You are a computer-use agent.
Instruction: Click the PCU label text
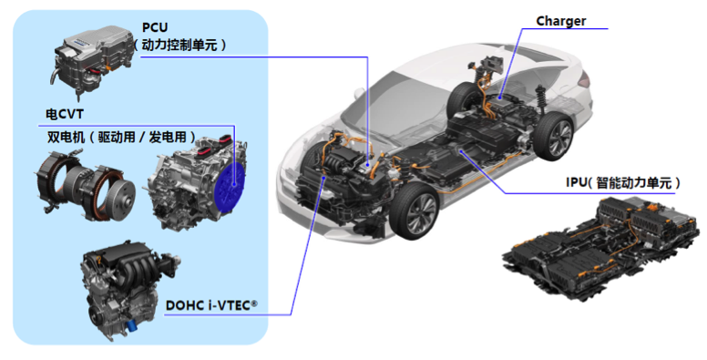[x=155, y=27]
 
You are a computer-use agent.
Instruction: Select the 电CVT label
[x=65, y=114]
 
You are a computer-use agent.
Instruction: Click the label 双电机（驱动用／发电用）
[x=122, y=137]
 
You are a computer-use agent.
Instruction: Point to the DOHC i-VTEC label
[x=211, y=305]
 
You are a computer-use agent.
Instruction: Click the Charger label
[x=561, y=21]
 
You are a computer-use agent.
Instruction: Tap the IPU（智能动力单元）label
[x=623, y=182]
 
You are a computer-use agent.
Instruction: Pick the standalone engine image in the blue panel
[x=128, y=289]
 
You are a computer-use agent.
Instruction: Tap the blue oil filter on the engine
[x=131, y=325]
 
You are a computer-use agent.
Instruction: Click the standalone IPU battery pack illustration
[x=600, y=246]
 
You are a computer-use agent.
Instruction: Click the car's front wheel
[x=414, y=211]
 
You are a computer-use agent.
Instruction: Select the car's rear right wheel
[x=553, y=137]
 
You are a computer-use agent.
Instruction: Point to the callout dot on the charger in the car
[x=500, y=98]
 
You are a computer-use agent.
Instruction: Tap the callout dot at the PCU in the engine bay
[x=368, y=165]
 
